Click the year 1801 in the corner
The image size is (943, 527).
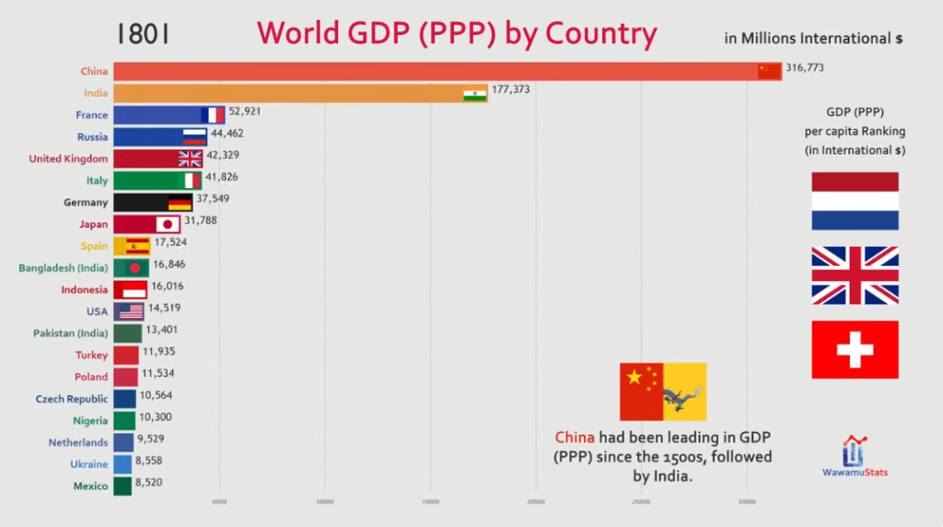click(143, 34)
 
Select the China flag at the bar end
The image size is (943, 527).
click(769, 71)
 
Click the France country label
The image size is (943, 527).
click(91, 115)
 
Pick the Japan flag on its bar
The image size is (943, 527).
click(168, 224)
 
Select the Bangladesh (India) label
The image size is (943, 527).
click(64, 268)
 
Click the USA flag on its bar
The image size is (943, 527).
click(130, 311)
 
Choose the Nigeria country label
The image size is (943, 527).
click(91, 421)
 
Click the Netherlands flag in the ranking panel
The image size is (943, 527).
click(855, 201)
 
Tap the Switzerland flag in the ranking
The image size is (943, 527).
click(855, 349)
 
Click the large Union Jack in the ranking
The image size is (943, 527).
click(855, 275)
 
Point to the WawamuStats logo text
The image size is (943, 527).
click(856, 473)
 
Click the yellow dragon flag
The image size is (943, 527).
click(684, 392)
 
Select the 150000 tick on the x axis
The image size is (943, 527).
click(430, 502)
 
